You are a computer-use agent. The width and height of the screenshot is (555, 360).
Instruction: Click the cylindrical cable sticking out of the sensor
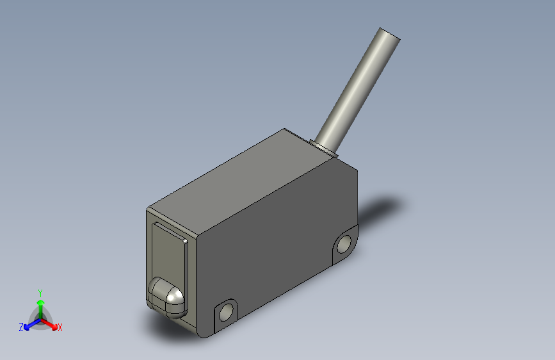tap(357, 91)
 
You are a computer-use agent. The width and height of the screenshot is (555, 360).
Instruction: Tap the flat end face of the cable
tap(390, 34)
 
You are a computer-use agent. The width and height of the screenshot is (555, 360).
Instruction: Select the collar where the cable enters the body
tap(324, 148)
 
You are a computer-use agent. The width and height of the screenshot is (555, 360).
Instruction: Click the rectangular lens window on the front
tap(169, 255)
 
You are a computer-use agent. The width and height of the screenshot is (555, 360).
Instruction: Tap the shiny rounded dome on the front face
tap(166, 298)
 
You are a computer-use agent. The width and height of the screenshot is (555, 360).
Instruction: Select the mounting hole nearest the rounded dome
tap(225, 313)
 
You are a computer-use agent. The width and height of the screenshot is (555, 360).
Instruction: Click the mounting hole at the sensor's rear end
tap(344, 244)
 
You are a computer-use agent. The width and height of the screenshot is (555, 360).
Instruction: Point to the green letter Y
tap(40, 293)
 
